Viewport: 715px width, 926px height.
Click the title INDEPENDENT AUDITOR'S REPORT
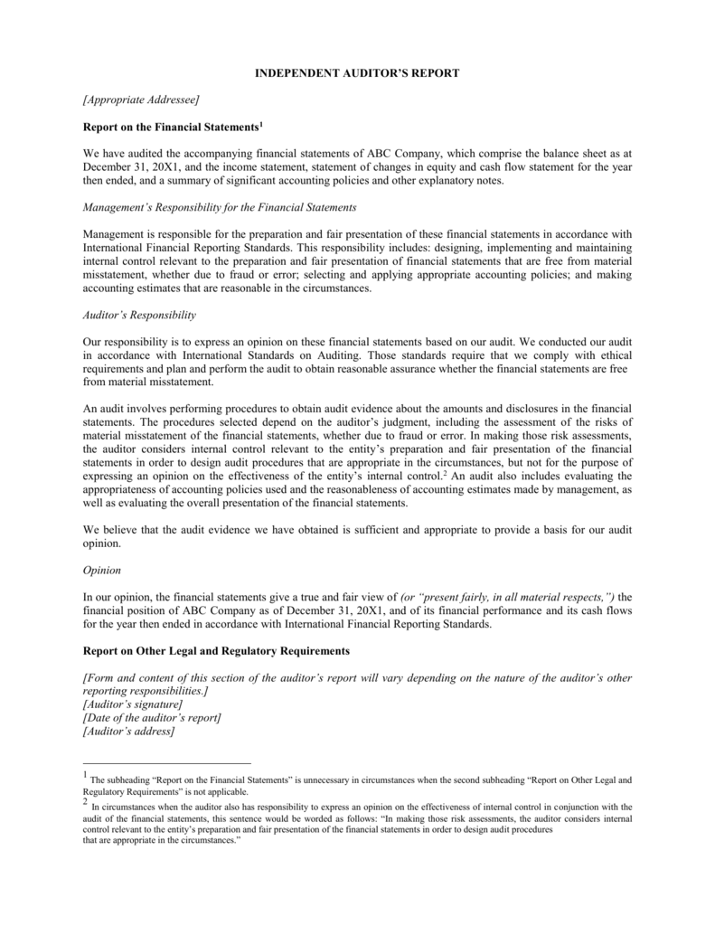coord(357,72)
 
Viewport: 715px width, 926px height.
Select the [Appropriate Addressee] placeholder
coord(141,99)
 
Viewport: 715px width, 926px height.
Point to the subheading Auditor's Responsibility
coord(139,316)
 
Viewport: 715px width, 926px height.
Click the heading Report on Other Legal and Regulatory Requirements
coord(215,651)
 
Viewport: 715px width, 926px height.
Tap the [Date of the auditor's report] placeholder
coord(152,718)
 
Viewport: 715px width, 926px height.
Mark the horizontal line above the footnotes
coord(167,762)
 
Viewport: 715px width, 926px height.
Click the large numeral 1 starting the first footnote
coord(86,777)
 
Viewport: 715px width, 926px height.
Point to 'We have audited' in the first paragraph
coord(123,153)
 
